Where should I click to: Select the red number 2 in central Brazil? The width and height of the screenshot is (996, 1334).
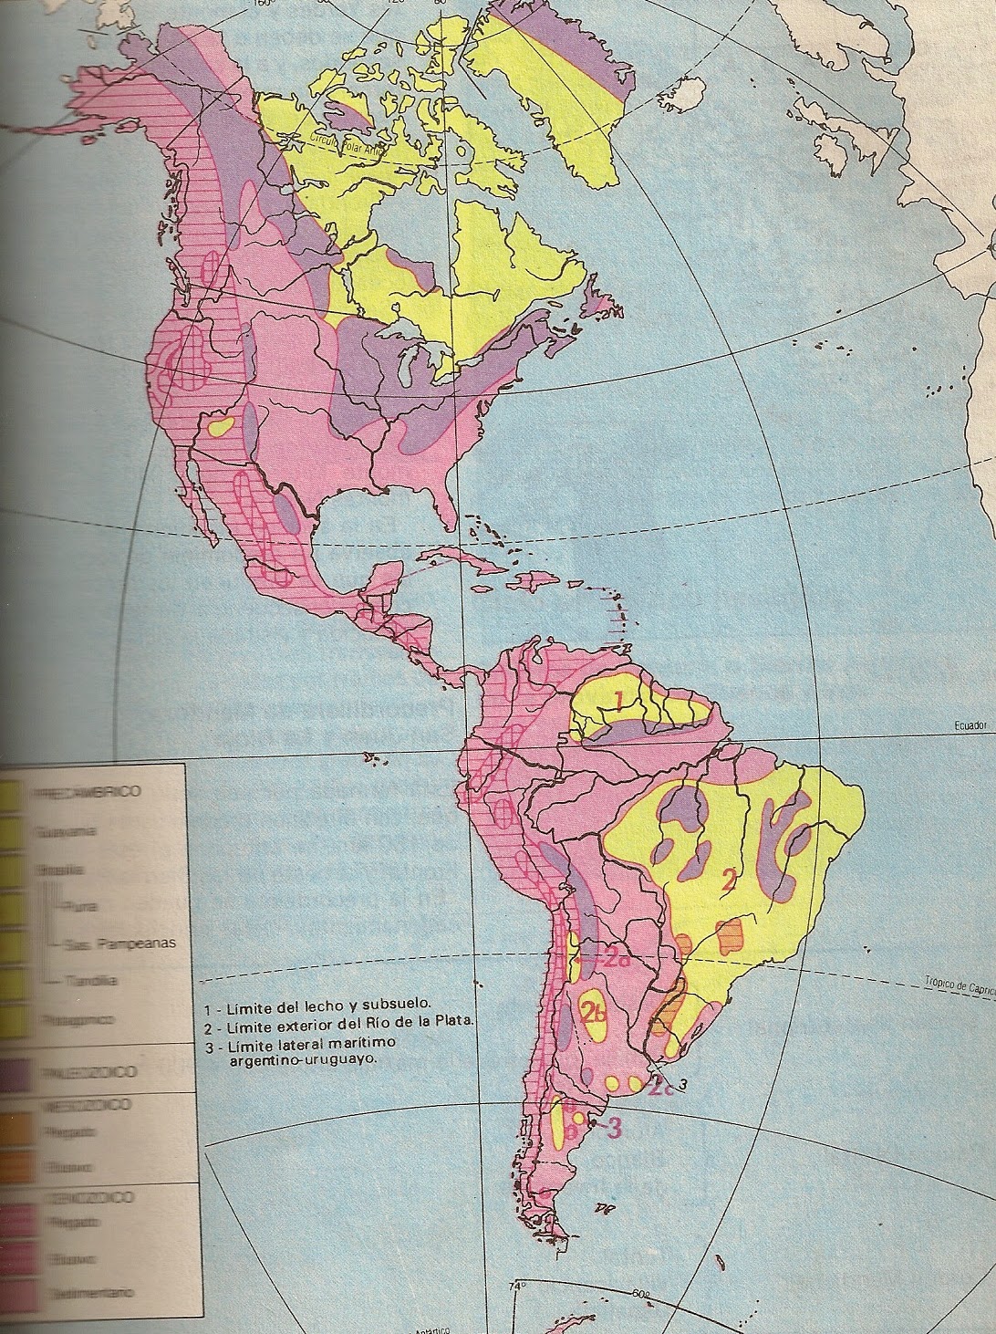click(728, 881)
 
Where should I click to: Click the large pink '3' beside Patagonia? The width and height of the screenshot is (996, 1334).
click(614, 1128)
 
